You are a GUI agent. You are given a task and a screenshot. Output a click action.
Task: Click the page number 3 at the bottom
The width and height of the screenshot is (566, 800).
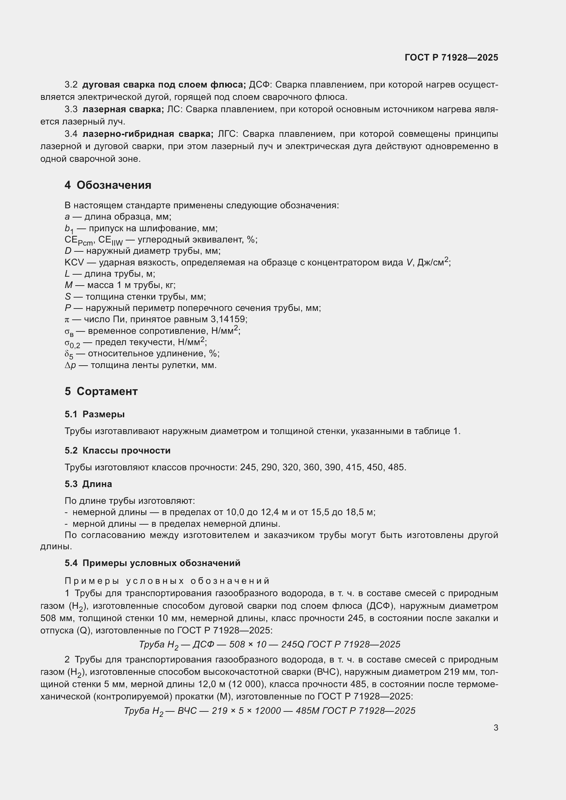tap(496, 727)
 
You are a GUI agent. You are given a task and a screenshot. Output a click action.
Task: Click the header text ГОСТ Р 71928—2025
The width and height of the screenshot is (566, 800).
tap(451, 57)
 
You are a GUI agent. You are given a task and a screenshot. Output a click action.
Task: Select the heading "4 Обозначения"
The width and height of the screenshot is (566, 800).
tap(108, 185)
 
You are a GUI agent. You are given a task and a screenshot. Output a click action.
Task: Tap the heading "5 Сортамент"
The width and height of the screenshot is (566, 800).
tap(101, 391)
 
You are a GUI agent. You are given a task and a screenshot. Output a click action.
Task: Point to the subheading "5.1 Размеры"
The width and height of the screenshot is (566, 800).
tap(94, 414)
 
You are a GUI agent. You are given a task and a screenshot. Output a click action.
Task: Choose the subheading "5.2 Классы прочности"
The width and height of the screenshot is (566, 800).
tap(117, 450)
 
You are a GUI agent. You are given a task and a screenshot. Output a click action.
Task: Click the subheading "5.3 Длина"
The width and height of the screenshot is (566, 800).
tap(88, 484)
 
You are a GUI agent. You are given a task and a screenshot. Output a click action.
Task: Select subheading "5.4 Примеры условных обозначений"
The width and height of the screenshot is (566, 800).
tap(152, 563)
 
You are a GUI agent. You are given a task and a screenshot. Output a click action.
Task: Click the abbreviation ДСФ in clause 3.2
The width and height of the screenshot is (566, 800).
tap(257, 85)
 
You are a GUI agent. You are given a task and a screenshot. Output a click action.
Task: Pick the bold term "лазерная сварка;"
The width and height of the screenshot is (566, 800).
tap(123, 109)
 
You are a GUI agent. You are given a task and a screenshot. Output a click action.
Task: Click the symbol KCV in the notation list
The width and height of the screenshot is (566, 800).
tap(74, 262)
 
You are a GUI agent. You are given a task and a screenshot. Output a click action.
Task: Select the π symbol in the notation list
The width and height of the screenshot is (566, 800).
tap(67, 319)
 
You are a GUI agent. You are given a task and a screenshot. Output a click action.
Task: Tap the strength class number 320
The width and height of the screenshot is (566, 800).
tap(290, 467)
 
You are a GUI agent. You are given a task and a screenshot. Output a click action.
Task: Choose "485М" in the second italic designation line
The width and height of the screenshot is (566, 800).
tap(307, 711)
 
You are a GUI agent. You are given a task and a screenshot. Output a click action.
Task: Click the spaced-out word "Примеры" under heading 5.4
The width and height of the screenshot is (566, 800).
tap(92, 581)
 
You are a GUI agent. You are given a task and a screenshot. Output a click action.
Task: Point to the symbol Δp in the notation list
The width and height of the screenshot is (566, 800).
tap(70, 366)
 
